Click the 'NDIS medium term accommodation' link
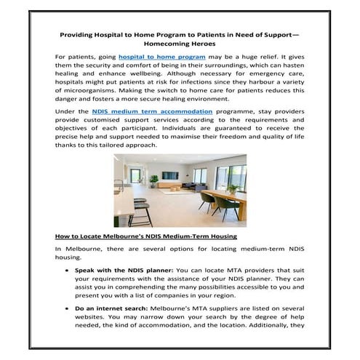coord(153,111)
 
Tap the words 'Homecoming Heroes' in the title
coord(180,43)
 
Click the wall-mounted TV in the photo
coord(169,175)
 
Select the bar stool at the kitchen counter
coord(140,209)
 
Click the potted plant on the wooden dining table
coord(231,188)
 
